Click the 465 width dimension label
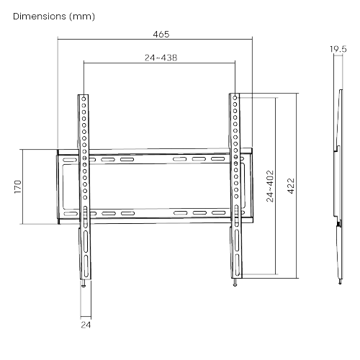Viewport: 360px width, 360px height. (x=161, y=35)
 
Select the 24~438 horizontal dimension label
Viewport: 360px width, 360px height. (x=161, y=58)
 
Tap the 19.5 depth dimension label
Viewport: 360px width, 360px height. (x=338, y=49)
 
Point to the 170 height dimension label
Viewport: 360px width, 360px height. (x=18, y=186)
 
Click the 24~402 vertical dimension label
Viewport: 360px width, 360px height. (x=270, y=186)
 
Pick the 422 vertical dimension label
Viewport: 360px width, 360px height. (x=291, y=186)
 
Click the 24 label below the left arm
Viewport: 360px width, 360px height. (x=86, y=325)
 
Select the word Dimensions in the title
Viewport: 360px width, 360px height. (x=40, y=17)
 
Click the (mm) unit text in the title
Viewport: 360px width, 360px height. (x=82, y=17)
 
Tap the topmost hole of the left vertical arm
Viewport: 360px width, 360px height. (x=84, y=99)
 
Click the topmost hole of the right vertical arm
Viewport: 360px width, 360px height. (x=235, y=98)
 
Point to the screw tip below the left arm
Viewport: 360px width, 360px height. (x=84, y=285)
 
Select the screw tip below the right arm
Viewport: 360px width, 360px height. (x=235, y=285)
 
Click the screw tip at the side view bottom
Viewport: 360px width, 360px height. (x=340, y=282)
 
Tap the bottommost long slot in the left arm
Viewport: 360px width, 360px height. (x=86, y=266)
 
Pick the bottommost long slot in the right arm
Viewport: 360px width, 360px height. (x=237, y=265)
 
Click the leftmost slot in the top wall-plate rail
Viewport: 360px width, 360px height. (x=70, y=160)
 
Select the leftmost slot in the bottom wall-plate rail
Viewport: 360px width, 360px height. (x=71, y=214)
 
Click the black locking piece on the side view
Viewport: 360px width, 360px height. (x=338, y=224)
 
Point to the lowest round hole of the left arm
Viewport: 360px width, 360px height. (x=85, y=197)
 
